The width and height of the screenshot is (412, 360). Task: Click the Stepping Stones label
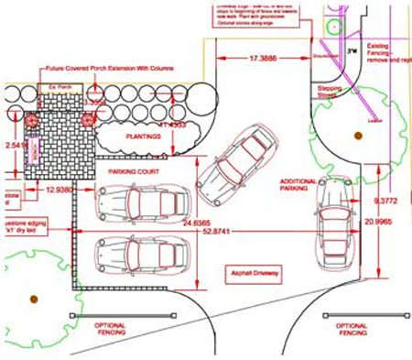327,90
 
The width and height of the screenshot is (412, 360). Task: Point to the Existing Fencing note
385,49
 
